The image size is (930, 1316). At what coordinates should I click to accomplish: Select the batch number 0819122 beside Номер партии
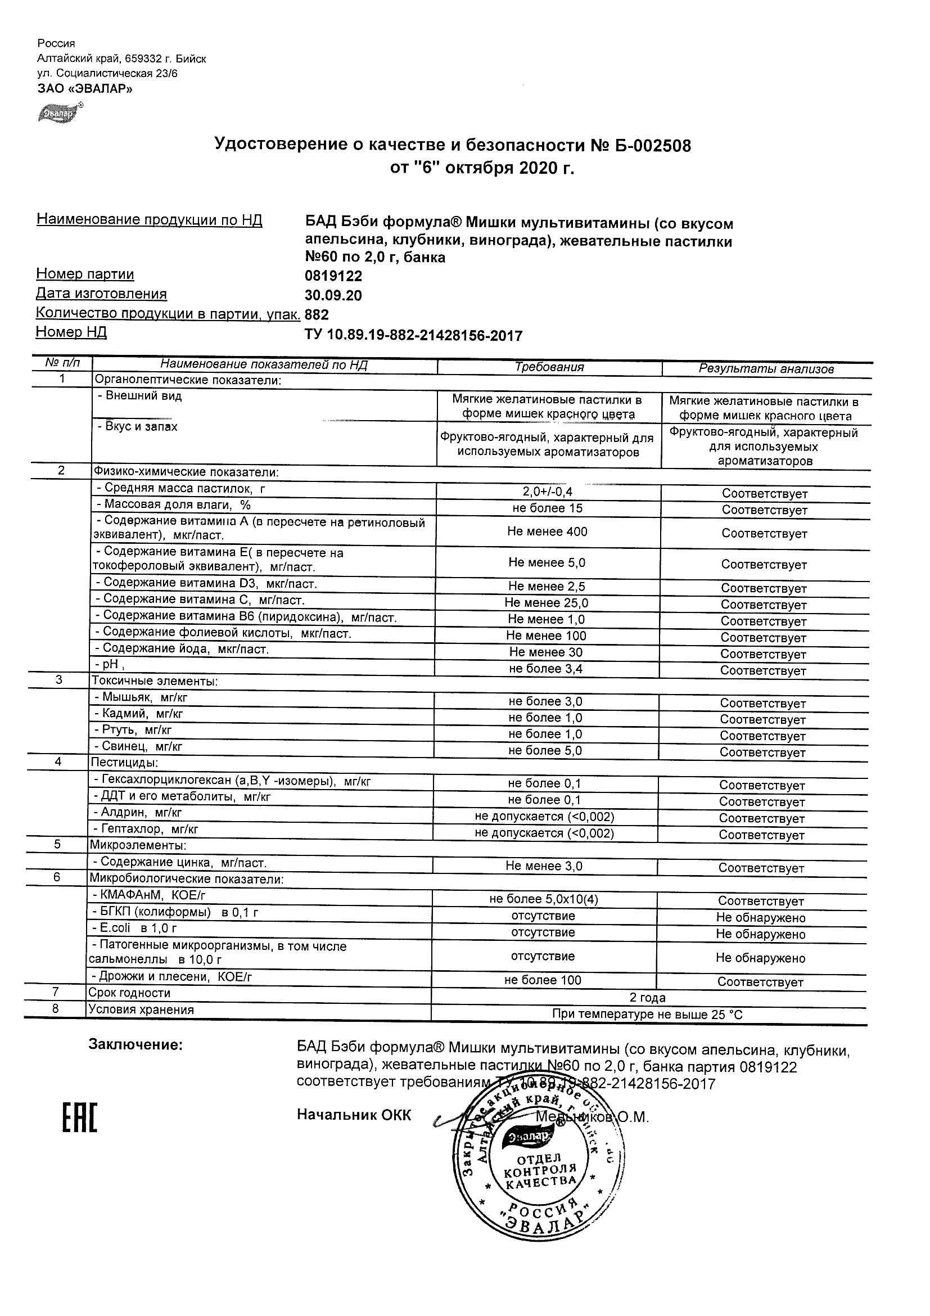[333, 276]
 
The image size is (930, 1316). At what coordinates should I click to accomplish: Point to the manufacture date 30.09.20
[333, 296]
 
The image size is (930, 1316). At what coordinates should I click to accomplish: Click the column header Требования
[549, 367]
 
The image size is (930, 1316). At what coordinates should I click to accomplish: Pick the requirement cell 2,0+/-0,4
[548, 492]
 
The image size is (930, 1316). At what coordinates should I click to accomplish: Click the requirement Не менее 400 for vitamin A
[547, 532]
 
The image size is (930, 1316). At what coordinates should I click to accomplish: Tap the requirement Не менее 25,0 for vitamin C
[546, 603]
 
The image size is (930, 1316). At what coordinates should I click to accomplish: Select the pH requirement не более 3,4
[546, 669]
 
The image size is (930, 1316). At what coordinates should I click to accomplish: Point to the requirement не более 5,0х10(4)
[543, 899]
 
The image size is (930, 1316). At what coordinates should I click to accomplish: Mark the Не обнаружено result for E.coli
[760, 934]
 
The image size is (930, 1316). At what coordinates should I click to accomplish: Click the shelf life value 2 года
[648, 998]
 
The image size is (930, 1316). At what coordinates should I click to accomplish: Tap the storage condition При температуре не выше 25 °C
[647, 1015]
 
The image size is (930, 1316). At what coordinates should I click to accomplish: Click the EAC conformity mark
[80, 1118]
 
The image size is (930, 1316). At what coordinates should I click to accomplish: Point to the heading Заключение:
[136, 1045]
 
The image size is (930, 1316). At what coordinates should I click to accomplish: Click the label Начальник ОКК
[354, 1115]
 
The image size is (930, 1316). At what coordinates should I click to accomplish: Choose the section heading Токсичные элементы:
[154, 682]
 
